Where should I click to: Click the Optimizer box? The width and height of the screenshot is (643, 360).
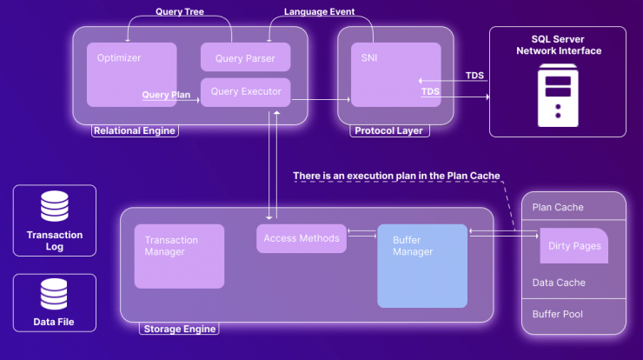pos(131,75)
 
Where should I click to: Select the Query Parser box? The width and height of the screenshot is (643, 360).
pos(246,57)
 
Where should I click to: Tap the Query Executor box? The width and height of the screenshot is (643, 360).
pos(246,92)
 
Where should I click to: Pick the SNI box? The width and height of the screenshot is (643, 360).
pos(396,75)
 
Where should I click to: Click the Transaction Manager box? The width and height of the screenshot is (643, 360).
pos(179,257)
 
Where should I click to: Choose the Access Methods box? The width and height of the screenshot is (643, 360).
pos(302,238)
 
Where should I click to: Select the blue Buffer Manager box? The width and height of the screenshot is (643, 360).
pos(422,266)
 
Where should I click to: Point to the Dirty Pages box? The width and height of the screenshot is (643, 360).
pos(574,246)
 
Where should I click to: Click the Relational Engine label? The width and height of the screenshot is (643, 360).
pos(135,131)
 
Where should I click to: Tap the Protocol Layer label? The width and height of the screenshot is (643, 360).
pos(388,131)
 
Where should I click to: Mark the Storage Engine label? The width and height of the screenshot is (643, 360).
pos(180,329)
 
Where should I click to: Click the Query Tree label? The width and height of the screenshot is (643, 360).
pos(180,11)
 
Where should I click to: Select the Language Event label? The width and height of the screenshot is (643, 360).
pos(320,11)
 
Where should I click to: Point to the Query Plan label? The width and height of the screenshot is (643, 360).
pos(166,95)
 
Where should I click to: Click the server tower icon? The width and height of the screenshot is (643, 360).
pos(558,96)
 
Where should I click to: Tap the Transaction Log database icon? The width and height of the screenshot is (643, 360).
pos(55,206)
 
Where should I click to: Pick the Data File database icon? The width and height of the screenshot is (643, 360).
pos(54,294)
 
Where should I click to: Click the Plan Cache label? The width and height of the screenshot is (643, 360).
pos(558,207)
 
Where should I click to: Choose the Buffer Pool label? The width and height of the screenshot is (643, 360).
pos(557,314)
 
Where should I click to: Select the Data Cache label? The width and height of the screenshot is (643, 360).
pos(559,283)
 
